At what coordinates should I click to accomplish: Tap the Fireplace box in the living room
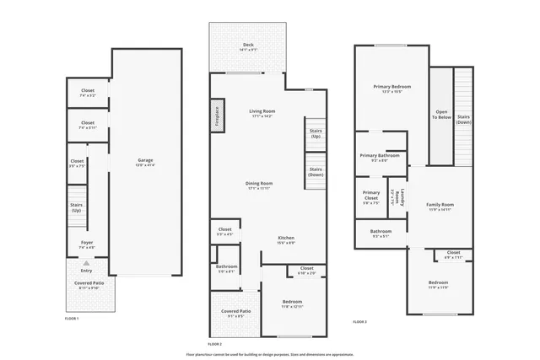216,116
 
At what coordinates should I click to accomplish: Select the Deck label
248,45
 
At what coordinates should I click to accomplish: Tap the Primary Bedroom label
391,88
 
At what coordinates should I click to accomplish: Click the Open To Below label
441,114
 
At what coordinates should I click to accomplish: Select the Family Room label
440,204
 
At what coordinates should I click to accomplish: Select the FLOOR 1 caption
72,318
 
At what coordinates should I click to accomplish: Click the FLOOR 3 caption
359,321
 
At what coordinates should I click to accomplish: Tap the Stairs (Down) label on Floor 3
463,118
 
